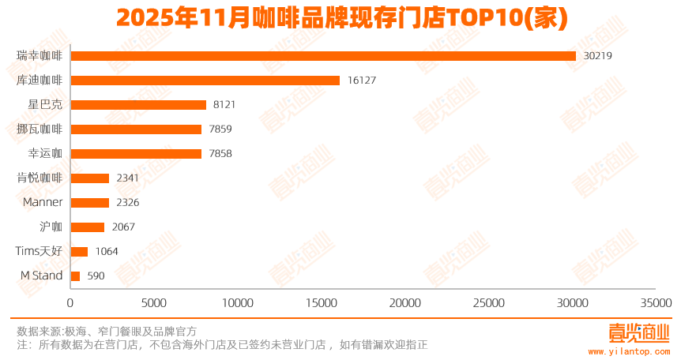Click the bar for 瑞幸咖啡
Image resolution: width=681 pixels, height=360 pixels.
tap(323, 55)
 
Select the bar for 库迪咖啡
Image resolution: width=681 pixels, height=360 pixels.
tap(205, 80)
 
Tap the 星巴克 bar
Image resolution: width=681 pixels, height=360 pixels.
tap(138, 104)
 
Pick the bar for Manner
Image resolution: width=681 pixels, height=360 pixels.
tap(90, 203)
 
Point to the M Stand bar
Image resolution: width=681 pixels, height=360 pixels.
tap(76, 276)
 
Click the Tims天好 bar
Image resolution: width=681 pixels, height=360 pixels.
tap(80, 252)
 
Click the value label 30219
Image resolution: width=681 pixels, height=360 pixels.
tap(597, 56)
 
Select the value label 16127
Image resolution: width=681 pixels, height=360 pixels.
tap(362, 81)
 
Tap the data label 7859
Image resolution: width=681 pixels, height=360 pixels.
tap(220, 129)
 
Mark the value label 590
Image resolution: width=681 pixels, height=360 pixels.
tap(96, 276)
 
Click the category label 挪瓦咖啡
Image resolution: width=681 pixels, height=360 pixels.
tap(39, 129)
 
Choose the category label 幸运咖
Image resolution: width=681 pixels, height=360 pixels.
tap(45, 153)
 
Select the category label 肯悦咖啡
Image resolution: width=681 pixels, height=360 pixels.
tap(39, 178)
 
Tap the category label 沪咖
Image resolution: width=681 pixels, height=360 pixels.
tap(51, 227)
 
